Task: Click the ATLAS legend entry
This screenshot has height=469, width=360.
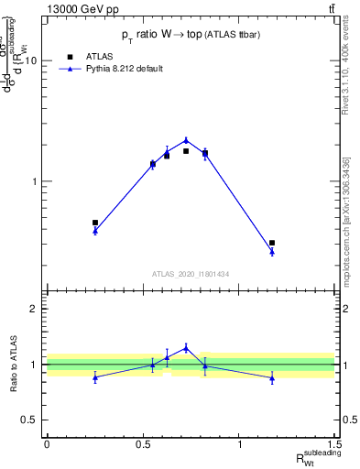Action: (98, 56)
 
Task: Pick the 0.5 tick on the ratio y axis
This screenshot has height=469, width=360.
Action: (32, 420)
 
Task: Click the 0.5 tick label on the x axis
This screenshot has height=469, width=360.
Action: (143, 444)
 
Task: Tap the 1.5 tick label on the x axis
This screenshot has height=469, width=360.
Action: (336, 444)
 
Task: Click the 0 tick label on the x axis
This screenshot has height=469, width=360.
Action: (47, 444)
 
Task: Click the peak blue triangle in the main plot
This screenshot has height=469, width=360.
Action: (186, 140)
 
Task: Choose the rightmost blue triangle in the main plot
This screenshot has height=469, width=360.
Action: (272, 252)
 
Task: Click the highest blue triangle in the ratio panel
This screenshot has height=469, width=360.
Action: (186, 347)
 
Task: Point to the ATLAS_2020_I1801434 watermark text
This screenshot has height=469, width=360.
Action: (190, 274)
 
